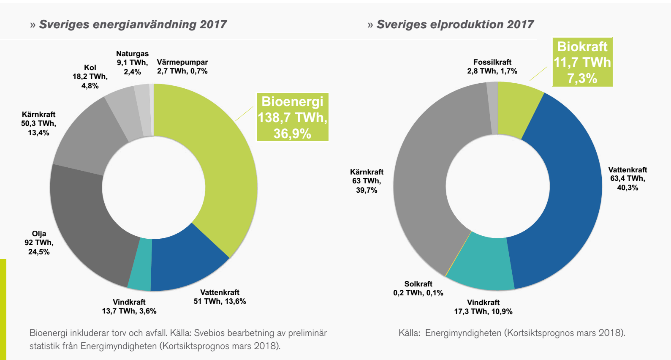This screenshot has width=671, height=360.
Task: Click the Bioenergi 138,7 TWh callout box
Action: coord(292,117)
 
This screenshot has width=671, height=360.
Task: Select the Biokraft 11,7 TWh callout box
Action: coord(582,62)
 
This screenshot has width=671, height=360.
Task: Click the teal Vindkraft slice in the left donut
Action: coord(140,265)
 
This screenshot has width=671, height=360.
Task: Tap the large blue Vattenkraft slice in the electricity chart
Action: coord(562,190)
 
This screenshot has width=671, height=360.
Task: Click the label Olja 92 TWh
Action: coord(39,243)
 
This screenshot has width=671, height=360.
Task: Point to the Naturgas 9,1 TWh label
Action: coord(132,63)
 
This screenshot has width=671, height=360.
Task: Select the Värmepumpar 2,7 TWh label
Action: coord(182,66)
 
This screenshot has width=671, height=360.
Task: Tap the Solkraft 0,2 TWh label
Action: coord(418,288)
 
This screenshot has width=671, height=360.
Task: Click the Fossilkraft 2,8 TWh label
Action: coord(492,66)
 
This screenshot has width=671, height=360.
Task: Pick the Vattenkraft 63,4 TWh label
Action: coord(628,178)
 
